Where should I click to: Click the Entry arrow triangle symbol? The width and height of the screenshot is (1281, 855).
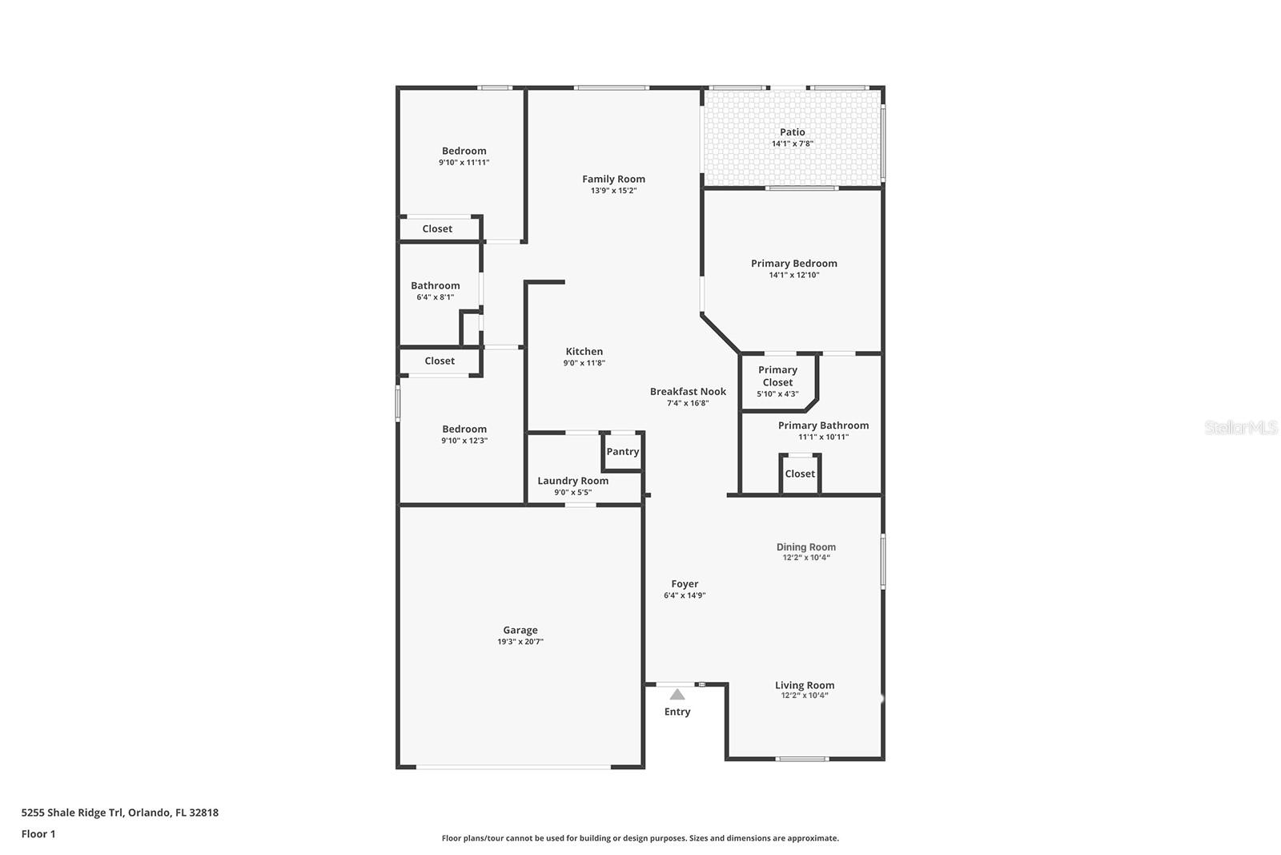(677, 694)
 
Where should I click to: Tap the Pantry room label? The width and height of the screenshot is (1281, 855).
(623, 452)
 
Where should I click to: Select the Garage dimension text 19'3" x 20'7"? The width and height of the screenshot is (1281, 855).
(520, 642)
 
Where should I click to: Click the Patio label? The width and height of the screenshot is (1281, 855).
(793, 132)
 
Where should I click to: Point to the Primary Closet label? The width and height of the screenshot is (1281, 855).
(777, 376)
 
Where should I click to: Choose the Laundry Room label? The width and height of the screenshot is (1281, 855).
(573, 481)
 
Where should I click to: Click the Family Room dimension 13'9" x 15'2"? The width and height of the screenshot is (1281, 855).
(613, 191)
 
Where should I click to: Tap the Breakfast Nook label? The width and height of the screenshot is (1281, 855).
(688, 392)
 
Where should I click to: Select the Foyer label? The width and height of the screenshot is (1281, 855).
(685, 584)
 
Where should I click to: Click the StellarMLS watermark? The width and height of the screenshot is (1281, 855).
(1241, 428)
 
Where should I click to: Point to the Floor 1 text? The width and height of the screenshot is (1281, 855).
(38, 834)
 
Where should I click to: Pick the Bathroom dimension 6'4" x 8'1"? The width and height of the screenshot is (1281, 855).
(436, 297)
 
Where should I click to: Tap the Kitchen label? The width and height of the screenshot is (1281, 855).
(584, 352)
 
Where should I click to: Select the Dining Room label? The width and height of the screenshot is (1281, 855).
(806, 547)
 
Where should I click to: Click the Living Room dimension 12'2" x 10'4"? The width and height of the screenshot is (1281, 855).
(805, 696)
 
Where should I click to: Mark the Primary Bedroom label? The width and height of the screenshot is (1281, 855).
(794, 264)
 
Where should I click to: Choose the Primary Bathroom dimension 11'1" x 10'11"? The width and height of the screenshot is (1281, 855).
(823, 437)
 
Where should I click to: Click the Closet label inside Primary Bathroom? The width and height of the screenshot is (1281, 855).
(800, 474)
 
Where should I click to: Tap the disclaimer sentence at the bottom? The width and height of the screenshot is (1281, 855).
(640, 838)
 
